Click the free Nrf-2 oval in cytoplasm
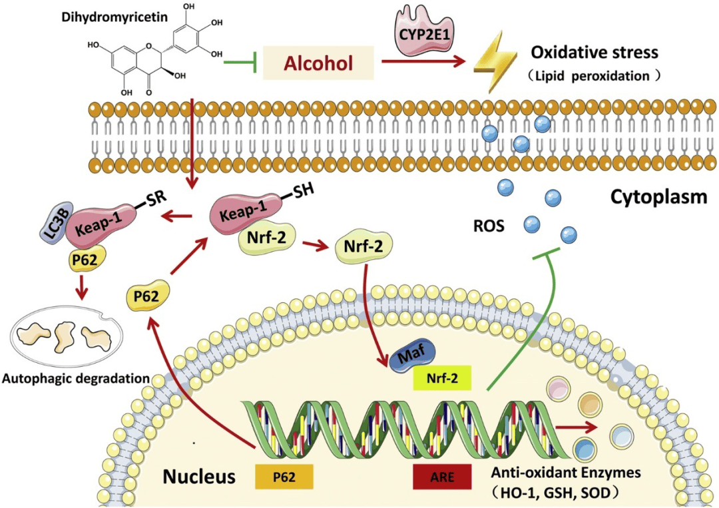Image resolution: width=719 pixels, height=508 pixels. [x=363, y=246]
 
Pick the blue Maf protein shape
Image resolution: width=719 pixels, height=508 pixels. [x=409, y=351]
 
